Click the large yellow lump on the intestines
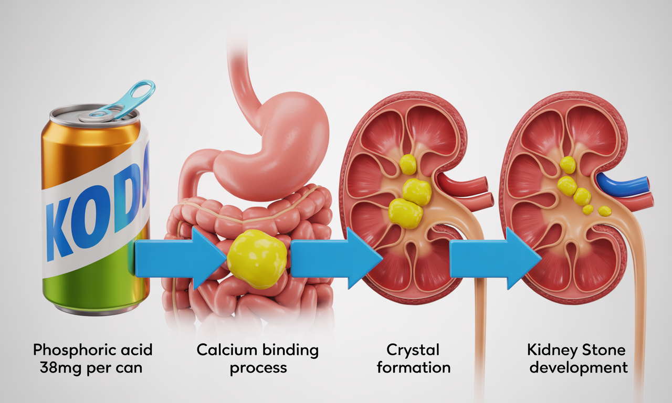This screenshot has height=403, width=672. [x=257, y=258]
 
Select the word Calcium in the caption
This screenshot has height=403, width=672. [x=227, y=349]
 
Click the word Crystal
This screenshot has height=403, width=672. [x=413, y=349]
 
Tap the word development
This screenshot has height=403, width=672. [x=578, y=367]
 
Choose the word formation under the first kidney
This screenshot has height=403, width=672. [x=413, y=367]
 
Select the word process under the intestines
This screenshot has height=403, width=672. [x=258, y=367]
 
